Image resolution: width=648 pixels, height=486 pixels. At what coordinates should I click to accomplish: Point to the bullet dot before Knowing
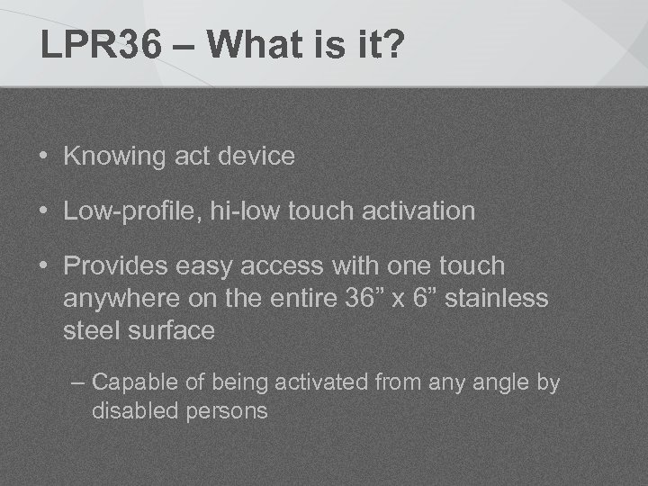tap(43, 157)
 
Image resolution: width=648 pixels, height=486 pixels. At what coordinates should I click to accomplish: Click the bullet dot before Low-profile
tap(43, 211)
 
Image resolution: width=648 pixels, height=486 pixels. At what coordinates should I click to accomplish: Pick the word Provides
tap(117, 266)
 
